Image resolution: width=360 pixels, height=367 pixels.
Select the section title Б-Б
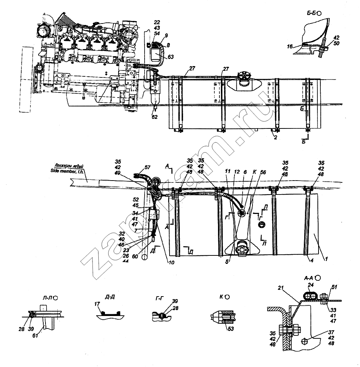[x=312, y=13]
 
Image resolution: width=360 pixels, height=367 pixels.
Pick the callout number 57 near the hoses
[x=148, y=167]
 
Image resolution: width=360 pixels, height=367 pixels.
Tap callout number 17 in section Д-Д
[x=96, y=304]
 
